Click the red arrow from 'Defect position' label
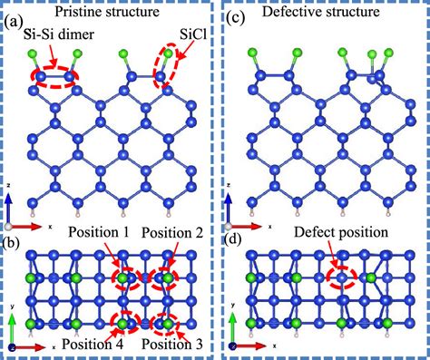(337, 256)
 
